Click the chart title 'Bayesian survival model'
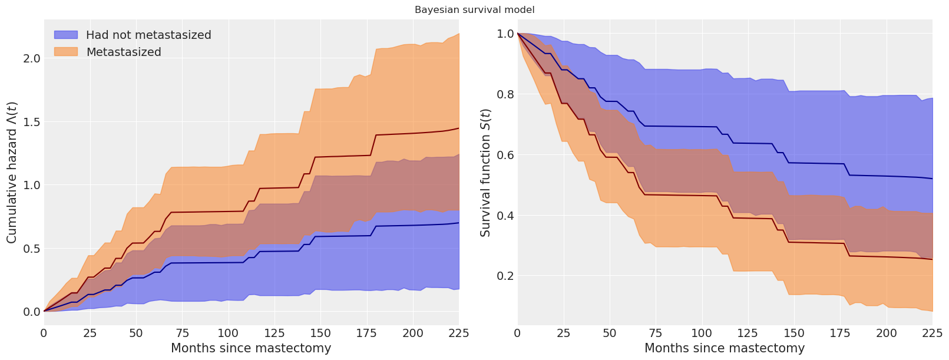[474, 10]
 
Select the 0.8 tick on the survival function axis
[505, 94]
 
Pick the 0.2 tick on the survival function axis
[505, 276]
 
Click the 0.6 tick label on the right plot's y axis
[505, 155]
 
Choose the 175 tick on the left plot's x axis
[366, 333]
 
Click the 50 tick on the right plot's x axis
[610, 333]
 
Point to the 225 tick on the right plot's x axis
[933, 333]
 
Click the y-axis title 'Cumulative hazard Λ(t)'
[12, 171]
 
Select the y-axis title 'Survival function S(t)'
[485, 172]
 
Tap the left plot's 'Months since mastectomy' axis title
[251, 348]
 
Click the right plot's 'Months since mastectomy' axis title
[725, 348]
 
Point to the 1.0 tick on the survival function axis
[505, 34]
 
